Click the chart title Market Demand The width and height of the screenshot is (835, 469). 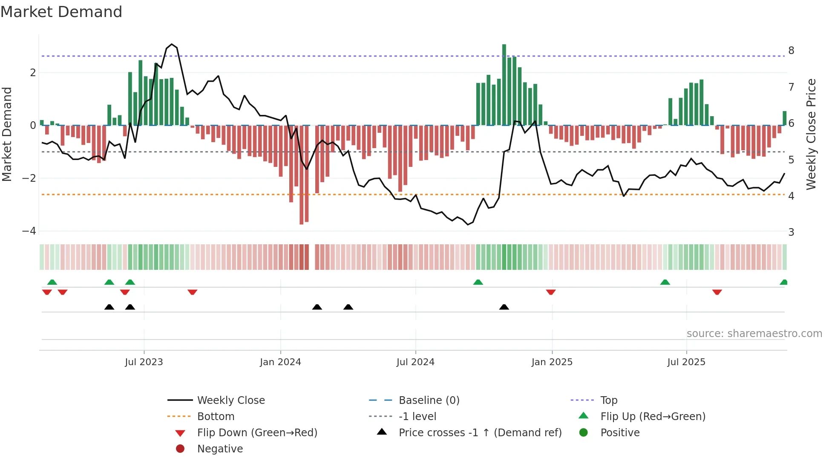(x=61, y=12)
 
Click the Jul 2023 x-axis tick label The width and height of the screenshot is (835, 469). (x=144, y=362)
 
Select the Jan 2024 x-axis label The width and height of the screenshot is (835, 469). (x=280, y=362)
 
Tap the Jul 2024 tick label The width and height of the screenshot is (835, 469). (x=415, y=362)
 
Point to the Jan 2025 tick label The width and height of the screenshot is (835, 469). (x=552, y=362)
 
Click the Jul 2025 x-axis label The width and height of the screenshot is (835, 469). (x=686, y=362)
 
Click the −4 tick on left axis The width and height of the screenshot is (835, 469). (x=29, y=231)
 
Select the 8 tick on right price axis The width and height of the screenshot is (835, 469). (x=791, y=51)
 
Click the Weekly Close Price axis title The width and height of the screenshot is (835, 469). (x=811, y=134)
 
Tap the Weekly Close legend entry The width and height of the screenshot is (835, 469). (x=230, y=400)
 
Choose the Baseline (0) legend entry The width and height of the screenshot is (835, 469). (x=429, y=400)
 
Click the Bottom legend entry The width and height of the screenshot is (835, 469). (x=216, y=417)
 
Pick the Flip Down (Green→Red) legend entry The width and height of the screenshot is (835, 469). (x=257, y=433)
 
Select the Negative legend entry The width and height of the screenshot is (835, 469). (x=220, y=449)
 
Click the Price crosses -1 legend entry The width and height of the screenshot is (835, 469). (x=480, y=433)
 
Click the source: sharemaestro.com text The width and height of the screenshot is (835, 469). (x=754, y=334)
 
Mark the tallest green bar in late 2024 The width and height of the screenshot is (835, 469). (x=504, y=85)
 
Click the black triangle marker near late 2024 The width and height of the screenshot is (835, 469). (x=504, y=307)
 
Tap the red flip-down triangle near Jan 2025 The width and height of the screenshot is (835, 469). (x=551, y=292)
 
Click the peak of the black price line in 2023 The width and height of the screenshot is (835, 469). (x=172, y=44)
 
